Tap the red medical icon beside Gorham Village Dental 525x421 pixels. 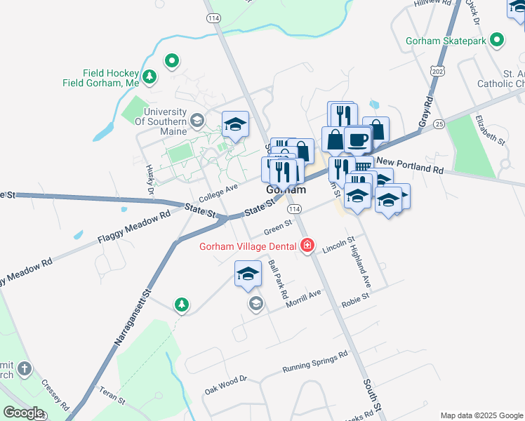[307, 245]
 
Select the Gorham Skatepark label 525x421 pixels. [446, 41]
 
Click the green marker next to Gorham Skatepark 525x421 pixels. [498, 40]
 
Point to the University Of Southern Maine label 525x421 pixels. [165, 121]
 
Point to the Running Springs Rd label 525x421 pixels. [315, 362]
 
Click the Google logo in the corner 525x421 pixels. [23, 413]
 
